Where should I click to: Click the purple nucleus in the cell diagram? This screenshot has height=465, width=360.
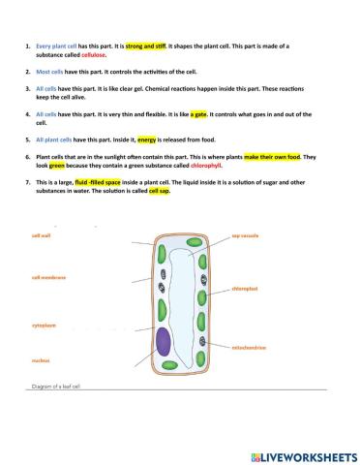[165, 343]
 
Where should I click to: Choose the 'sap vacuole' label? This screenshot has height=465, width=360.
[244, 234]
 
